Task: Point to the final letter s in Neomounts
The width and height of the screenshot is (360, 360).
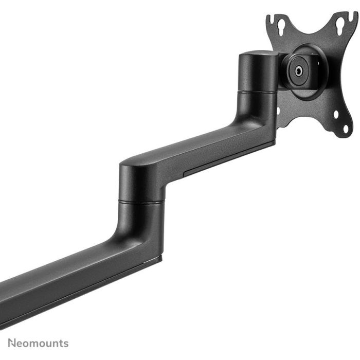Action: coord(65,344)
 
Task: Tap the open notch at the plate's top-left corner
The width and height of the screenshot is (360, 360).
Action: coord(269,19)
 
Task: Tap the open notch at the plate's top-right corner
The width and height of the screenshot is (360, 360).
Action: coord(353,16)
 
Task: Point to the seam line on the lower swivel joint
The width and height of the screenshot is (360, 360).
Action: coord(141,202)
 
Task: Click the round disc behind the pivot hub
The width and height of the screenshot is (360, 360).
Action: coord(309,72)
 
